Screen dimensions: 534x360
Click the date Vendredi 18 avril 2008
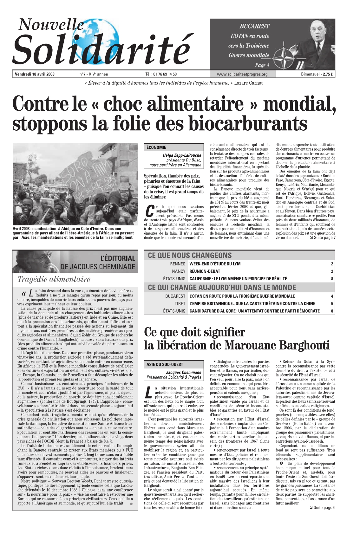(35, 75)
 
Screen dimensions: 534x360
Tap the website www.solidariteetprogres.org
(242, 75)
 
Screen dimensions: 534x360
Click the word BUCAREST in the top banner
(254, 26)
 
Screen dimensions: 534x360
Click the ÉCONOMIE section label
(156, 147)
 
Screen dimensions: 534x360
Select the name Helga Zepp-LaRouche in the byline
(182, 155)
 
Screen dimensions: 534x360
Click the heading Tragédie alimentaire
(54, 279)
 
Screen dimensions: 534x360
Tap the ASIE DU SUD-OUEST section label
(165, 364)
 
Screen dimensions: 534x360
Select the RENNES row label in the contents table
(178, 264)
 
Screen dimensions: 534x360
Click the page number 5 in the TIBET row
(332, 303)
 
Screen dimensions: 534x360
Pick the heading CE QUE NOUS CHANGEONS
(190, 256)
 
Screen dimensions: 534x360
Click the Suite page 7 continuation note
(323, 238)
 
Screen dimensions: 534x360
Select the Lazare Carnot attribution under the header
(248, 83)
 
